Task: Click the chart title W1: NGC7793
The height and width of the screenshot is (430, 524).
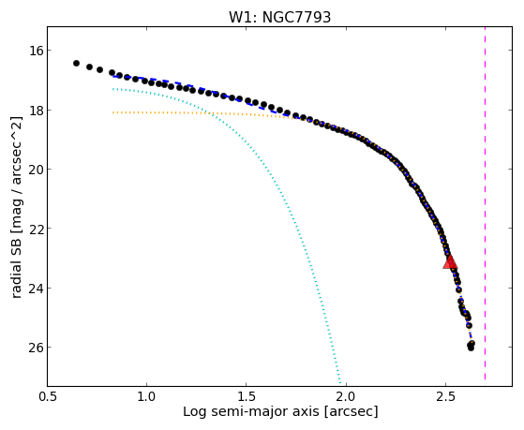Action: pos(279,17)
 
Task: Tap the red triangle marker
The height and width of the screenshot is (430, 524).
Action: pos(450,262)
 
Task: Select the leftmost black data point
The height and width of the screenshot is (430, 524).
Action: pos(76,63)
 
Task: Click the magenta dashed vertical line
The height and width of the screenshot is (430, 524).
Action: pos(485,203)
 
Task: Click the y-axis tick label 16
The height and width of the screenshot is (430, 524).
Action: pos(35,51)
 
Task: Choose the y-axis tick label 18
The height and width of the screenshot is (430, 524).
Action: pos(35,111)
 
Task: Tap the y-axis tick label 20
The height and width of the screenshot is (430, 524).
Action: pos(35,170)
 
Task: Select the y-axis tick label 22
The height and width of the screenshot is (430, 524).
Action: pos(35,229)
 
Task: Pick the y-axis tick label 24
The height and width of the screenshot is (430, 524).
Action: pos(35,288)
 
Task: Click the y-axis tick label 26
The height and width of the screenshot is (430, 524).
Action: pos(35,348)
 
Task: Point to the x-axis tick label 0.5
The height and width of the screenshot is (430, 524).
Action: pos(47,397)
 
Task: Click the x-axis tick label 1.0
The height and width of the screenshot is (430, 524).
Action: pos(147,397)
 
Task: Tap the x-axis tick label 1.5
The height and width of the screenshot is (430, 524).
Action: pos(247,397)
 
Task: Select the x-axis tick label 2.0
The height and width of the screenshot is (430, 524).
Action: pos(346,397)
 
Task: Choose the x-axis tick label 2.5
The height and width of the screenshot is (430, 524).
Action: pos(445,397)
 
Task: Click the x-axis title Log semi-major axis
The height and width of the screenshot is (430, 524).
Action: pos(251,411)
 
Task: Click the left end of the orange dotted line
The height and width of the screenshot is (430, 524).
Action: pos(113,112)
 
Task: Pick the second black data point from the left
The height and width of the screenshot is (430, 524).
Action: pos(90,67)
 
